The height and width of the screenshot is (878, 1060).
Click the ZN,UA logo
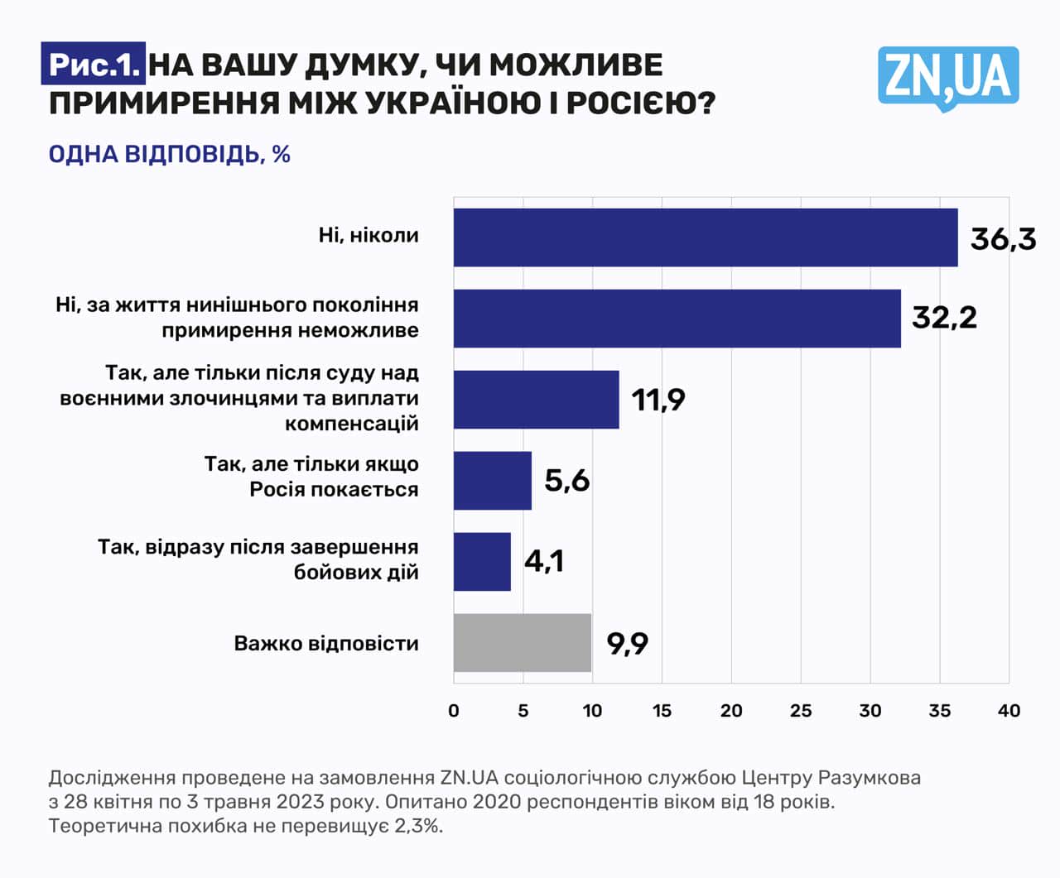coord(948,77)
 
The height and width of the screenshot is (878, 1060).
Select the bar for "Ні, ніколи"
coord(705,237)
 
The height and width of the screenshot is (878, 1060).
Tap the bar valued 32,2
coord(677,319)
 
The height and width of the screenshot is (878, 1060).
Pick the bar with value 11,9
coord(536,400)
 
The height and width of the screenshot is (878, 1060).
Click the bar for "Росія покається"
coord(492,481)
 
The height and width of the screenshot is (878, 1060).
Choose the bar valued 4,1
coord(482,562)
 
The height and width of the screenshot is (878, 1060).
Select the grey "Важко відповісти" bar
coord(522,643)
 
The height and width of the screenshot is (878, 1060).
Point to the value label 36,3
coord(1003,239)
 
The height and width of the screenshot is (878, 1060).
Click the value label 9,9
coord(627,643)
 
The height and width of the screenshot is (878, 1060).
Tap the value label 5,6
coord(566,480)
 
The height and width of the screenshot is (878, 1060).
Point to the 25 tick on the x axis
coord(800,711)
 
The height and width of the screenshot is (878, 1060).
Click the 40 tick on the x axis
coord(1009,711)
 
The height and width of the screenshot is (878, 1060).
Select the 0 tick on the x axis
coord(453,711)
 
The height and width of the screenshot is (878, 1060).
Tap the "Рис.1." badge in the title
coord(93,65)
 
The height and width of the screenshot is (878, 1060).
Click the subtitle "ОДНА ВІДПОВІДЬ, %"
coord(169,155)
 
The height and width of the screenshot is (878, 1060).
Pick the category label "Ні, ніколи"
coord(369,236)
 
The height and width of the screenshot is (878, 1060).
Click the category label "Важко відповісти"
coord(326,644)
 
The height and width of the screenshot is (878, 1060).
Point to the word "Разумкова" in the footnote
coord(870,778)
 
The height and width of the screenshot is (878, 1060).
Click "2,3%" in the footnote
coord(420,826)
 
